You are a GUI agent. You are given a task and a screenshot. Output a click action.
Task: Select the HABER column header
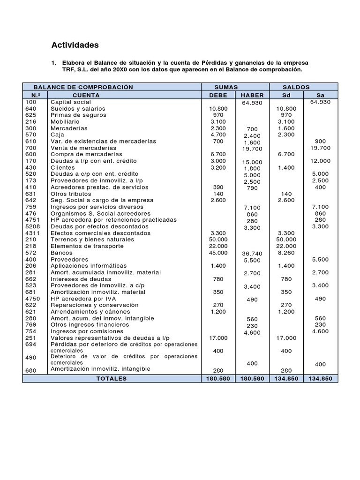pos(252,95)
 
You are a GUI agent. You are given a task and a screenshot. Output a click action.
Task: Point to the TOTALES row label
pos(112,379)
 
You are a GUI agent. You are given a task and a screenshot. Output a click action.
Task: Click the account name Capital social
pos(71,102)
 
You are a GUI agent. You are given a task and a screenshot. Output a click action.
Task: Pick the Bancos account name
pos(61,253)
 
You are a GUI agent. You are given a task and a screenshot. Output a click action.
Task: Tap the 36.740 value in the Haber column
pos(252,254)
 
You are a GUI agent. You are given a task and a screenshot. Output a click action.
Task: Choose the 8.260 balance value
pos(286,253)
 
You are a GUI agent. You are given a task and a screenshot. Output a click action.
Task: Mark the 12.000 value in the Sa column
pos(320,161)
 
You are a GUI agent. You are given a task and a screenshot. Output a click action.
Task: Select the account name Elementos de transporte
pos(87,246)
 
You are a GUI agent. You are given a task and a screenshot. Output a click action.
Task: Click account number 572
pos(30,253)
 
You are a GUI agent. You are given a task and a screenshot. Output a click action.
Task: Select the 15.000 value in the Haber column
pos(252,162)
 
